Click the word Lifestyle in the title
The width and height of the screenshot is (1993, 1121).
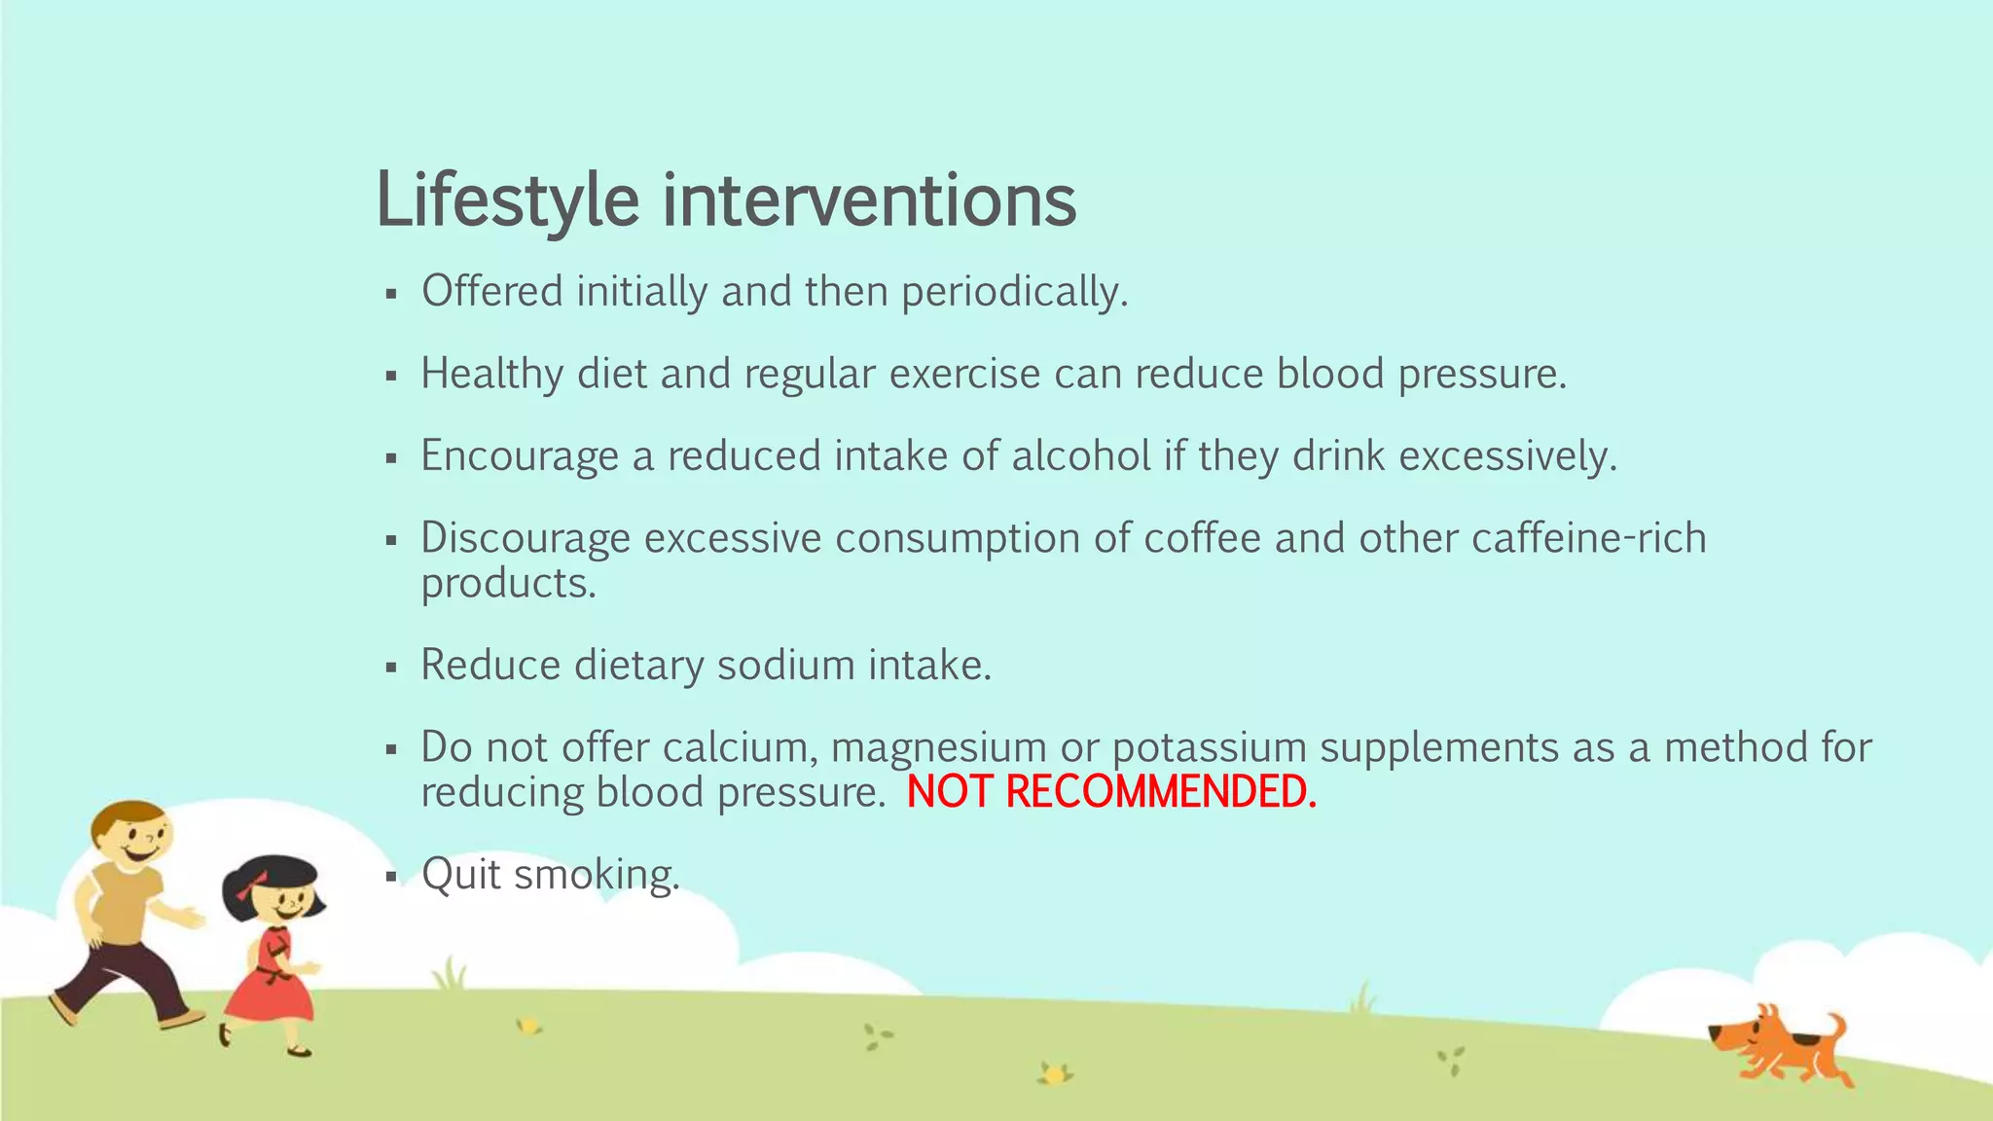point(507,201)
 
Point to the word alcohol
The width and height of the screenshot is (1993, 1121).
point(1081,456)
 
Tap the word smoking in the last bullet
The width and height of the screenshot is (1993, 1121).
point(596,875)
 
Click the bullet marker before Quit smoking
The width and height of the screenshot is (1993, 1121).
point(391,877)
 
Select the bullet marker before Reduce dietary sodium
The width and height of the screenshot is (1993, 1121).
point(391,668)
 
